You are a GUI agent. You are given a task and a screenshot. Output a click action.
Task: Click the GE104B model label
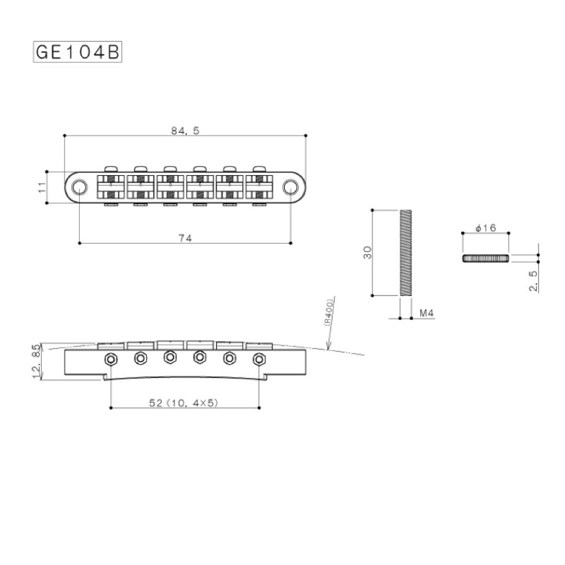tap(77, 51)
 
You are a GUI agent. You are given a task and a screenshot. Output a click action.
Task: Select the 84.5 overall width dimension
tap(185, 130)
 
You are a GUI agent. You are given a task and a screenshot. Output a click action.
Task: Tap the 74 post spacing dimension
tap(185, 238)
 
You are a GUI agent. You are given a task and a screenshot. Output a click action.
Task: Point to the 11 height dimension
tap(41, 187)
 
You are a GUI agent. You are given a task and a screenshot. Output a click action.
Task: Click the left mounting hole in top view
tap(80, 186)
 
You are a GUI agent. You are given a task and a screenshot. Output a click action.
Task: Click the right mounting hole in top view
tap(290, 186)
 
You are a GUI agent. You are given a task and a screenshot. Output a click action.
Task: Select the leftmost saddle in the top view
tap(111, 186)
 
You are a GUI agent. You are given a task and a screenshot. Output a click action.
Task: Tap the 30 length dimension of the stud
tap(368, 253)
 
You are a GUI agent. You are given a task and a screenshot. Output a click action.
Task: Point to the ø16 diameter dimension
tap(485, 228)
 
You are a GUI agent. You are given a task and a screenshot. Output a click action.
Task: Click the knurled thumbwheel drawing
tap(486, 258)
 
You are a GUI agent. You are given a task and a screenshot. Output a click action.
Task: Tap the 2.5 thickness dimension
tap(533, 280)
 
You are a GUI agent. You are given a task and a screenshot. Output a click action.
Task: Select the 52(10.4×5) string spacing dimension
tap(184, 402)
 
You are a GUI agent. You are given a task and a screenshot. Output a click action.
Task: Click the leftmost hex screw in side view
tap(111, 358)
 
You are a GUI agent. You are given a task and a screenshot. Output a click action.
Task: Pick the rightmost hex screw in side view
tap(259, 358)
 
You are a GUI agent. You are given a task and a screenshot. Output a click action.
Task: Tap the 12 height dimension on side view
tap(37, 371)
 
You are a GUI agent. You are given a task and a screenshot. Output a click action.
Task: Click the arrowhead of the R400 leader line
tap(328, 347)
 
